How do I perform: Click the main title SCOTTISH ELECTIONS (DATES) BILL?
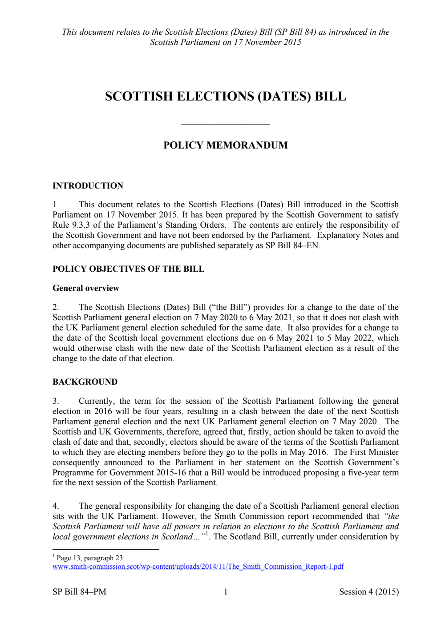(225, 96)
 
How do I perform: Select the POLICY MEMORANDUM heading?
(225, 145)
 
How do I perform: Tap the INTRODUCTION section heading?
(88, 186)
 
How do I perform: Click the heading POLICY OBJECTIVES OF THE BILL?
(128, 269)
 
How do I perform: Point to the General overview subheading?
(85, 288)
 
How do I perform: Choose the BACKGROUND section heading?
(85, 382)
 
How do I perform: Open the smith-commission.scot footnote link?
(198, 567)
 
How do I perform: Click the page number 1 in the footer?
(226, 592)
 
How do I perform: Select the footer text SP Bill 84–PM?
(79, 592)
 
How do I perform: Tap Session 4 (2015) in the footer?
(368, 592)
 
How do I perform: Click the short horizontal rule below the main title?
(226, 125)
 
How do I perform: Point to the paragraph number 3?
(56, 401)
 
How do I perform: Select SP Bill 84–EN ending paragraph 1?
(292, 245)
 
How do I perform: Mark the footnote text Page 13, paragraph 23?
(90, 558)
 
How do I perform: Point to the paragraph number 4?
(56, 506)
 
